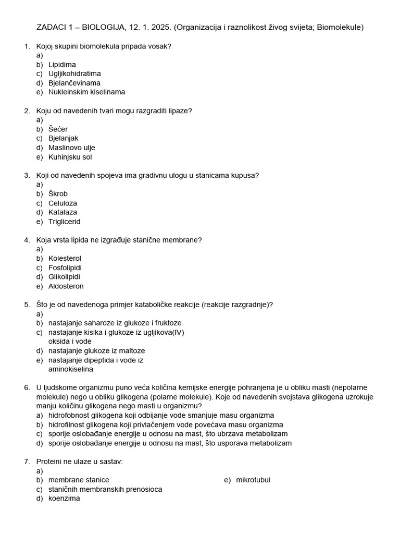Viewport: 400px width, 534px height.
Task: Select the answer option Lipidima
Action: tap(62, 65)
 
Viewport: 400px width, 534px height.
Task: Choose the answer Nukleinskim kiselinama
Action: tap(86, 92)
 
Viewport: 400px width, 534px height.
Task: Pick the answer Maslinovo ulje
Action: tap(71, 148)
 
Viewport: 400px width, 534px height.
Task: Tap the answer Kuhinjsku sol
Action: tap(70, 157)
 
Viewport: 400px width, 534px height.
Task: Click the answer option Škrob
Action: tap(58, 194)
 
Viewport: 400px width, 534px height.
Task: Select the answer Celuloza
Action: tap(63, 203)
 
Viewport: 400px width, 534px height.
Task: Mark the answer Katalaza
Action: tap(63, 212)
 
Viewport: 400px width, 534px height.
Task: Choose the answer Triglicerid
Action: tap(64, 222)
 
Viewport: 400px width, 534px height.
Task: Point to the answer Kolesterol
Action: tap(65, 259)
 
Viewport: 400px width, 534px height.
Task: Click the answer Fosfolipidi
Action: tap(65, 268)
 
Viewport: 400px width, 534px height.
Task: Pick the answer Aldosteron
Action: tap(66, 286)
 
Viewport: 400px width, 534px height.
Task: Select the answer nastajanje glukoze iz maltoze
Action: tap(96, 351)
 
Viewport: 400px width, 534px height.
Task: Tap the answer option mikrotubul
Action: tap(253, 480)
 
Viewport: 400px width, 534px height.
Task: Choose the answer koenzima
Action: tap(64, 499)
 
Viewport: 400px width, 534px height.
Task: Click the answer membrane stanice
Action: tap(79, 480)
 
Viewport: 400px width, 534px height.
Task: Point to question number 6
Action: tap(27, 387)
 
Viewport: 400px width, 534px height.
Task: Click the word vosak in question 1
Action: tap(161, 46)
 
